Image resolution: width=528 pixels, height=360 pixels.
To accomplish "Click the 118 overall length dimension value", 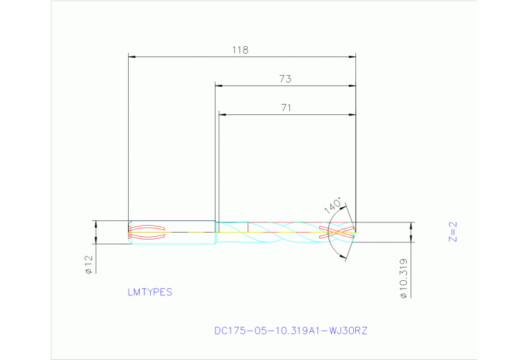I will click(240, 50).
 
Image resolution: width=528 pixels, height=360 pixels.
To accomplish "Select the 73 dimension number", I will click(285, 79).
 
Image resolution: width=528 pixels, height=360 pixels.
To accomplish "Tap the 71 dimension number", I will click(286, 107).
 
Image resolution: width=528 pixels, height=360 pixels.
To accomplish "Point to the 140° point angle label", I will click(333, 207).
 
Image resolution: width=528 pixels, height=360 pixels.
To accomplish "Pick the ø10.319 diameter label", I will click(403, 279).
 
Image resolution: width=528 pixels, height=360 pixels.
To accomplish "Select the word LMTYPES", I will click(149, 292).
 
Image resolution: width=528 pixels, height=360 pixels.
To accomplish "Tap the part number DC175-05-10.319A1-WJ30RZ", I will click(291, 330).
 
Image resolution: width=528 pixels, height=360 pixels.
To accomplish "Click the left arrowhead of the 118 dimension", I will click(132, 56).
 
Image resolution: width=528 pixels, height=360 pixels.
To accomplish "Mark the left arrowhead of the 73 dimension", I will click(218, 85).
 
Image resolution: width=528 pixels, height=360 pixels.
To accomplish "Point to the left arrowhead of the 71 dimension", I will click(221, 114).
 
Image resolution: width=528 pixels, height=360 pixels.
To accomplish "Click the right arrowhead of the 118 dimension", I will click(352, 56).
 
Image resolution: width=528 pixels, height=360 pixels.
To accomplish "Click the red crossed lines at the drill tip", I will click(339, 232).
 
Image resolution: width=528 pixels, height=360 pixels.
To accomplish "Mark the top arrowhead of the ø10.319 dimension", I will click(412, 225).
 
